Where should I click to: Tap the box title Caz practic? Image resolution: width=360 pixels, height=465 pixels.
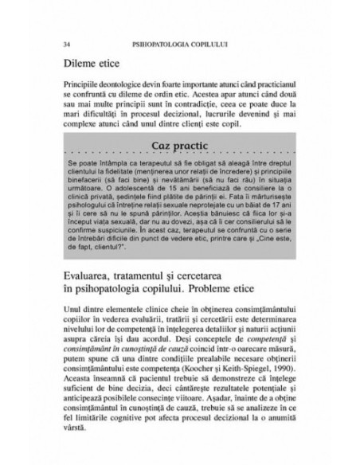tap(181, 146)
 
